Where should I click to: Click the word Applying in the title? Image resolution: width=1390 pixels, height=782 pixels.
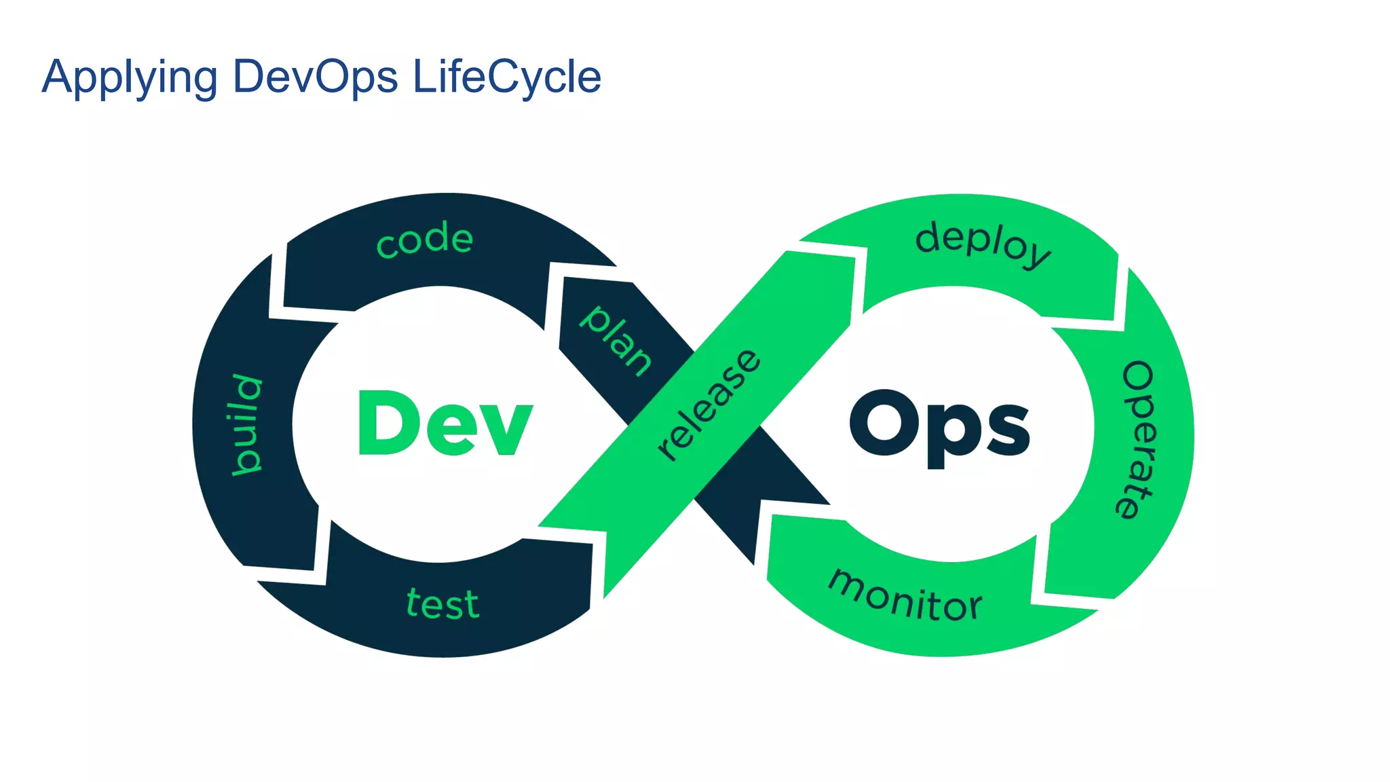tap(129, 77)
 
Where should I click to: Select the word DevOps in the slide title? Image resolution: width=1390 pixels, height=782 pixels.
tap(315, 76)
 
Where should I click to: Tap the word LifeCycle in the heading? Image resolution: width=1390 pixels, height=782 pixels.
tap(506, 76)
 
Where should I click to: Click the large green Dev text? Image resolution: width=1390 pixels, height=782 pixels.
tap(445, 424)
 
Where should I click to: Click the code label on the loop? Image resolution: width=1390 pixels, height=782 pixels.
tap(425, 239)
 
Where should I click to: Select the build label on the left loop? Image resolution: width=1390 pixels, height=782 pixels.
tap(246, 424)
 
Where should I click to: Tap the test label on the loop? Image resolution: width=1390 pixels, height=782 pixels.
tap(443, 603)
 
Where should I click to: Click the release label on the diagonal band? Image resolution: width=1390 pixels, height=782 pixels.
tap(709, 405)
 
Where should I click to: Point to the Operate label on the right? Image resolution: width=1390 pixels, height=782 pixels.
tap(1137, 439)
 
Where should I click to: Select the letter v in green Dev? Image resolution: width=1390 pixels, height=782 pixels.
tap(505, 429)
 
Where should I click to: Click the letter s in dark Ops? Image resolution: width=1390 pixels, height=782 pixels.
tap(1009, 429)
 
